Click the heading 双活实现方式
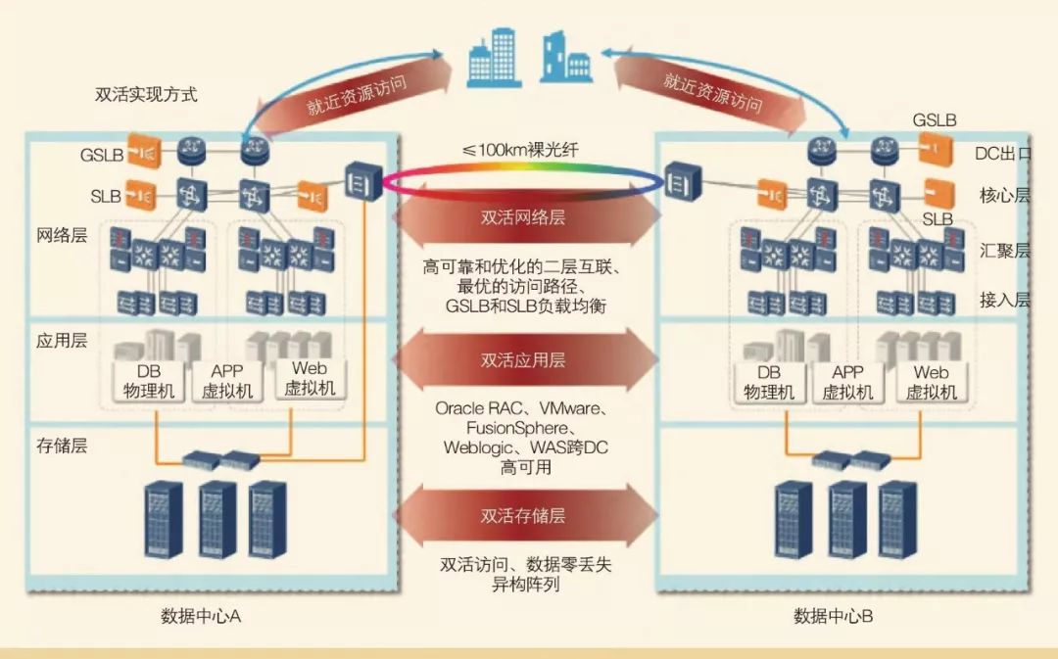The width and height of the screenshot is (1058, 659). (146, 95)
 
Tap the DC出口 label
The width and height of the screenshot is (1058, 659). (1003, 155)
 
